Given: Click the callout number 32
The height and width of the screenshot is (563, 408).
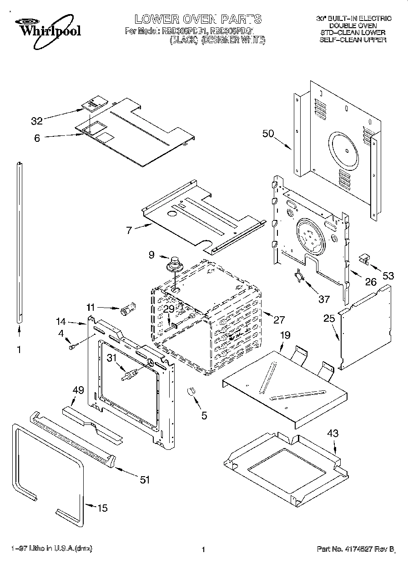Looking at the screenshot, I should pos(37,121).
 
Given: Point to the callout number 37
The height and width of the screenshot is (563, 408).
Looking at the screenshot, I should pos(323,299).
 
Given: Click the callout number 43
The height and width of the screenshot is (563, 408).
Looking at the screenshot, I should pos(333,433).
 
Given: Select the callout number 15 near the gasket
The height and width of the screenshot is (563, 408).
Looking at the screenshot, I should pos(103,508).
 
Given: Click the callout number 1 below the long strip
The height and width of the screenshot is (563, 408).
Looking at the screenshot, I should pos(19,350).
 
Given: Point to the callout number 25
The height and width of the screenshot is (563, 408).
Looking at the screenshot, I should pos(329,319).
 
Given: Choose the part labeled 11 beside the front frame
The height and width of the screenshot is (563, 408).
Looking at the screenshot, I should pos(126,311).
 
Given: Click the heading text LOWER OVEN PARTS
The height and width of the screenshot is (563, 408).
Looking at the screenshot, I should pos(198,19).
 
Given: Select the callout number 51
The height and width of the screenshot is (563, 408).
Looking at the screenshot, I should pos(144,479).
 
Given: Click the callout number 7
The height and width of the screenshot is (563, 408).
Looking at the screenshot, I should pos(129,230).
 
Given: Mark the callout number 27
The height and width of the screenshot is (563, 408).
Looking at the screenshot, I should pos(278,319).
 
